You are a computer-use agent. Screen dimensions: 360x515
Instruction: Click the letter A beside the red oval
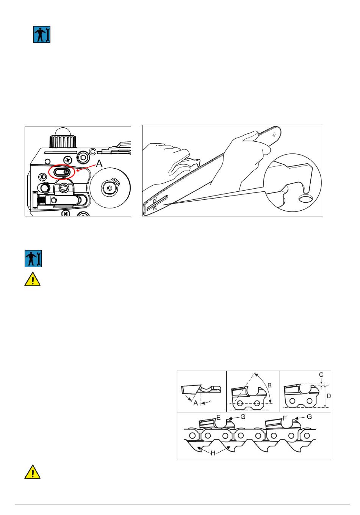click(x=99, y=163)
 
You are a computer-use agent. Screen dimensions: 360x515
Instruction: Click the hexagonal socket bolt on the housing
click(x=83, y=158)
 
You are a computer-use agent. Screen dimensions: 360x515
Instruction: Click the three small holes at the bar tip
click(x=274, y=135)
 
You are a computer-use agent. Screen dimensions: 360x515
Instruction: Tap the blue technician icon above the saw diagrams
click(x=42, y=34)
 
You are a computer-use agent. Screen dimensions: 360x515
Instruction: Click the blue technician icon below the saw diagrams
click(x=33, y=258)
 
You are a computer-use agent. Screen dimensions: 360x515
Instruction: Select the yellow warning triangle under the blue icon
click(x=33, y=279)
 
